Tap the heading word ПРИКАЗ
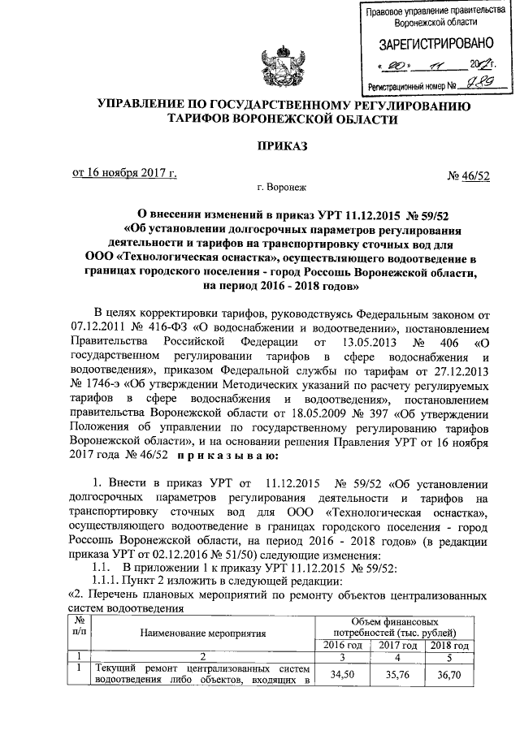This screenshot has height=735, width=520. [282, 147]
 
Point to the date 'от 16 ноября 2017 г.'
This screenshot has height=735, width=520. [124, 173]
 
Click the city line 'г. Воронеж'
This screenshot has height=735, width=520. [281, 188]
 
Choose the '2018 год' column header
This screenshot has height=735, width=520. [448, 644]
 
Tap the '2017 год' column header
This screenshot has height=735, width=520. [396, 644]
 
